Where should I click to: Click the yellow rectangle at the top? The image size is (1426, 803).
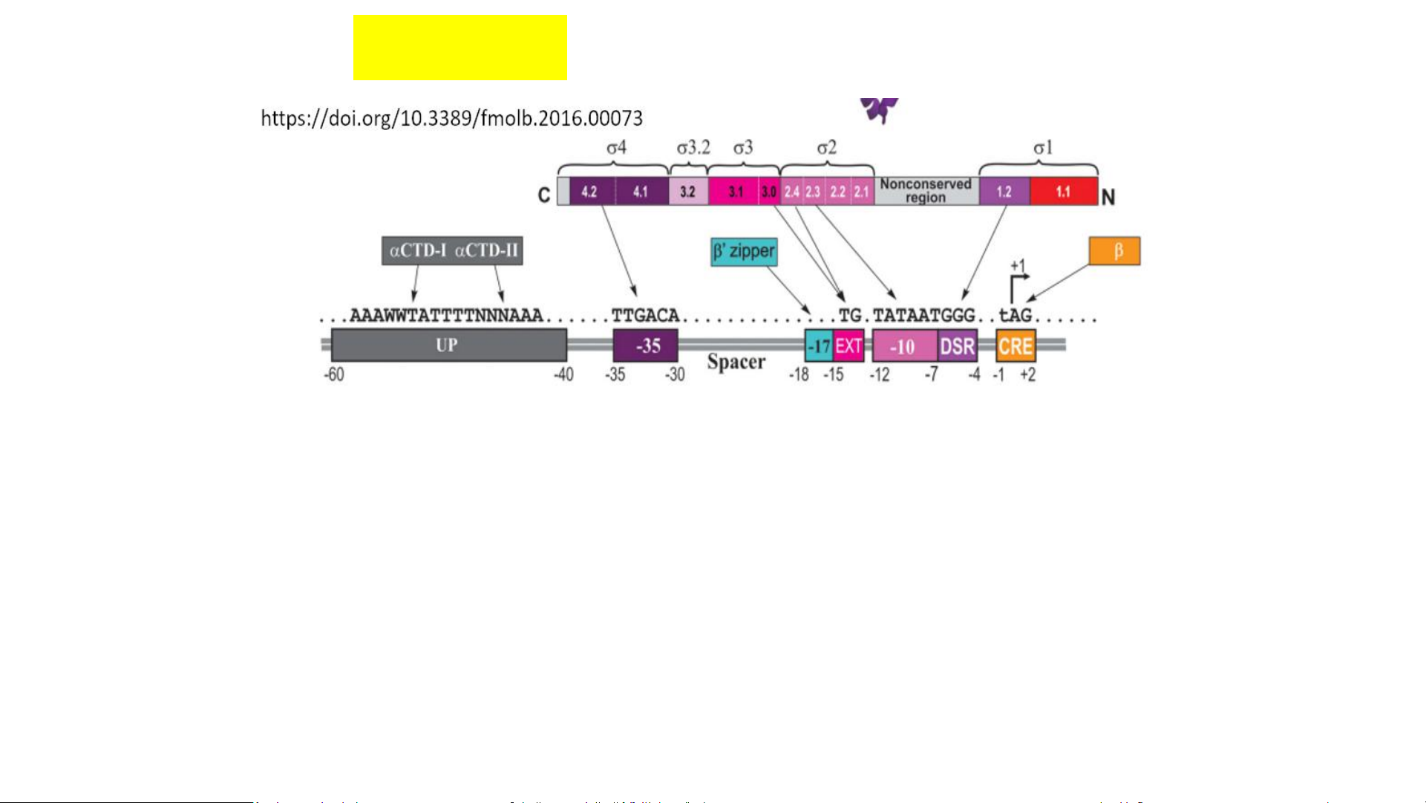[459, 47]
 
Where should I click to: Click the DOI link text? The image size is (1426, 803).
[451, 118]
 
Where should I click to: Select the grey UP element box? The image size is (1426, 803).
[448, 345]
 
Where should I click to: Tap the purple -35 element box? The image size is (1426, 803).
[645, 345]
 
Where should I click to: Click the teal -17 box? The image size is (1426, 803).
[819, 346]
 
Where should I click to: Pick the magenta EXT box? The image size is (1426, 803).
[848, 346]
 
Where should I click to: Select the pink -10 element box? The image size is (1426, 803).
[904, 346]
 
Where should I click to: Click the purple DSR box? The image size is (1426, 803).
[957, 346]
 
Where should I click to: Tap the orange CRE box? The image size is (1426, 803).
[1015, 346]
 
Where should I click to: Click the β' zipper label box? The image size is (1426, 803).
[744, 252]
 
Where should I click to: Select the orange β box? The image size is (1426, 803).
[1114, 251]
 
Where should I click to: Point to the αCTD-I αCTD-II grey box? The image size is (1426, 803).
[452, 250]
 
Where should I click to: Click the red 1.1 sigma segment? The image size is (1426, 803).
[1063, 192]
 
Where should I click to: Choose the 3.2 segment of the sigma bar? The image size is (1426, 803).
[688, 192]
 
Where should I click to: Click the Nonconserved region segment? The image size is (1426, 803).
[926, 191]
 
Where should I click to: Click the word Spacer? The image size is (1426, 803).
[736, 363]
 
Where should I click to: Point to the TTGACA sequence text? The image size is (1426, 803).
[645, 316]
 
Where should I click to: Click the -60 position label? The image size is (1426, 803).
[334, 374]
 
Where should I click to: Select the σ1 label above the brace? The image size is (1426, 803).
[1043, 149]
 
